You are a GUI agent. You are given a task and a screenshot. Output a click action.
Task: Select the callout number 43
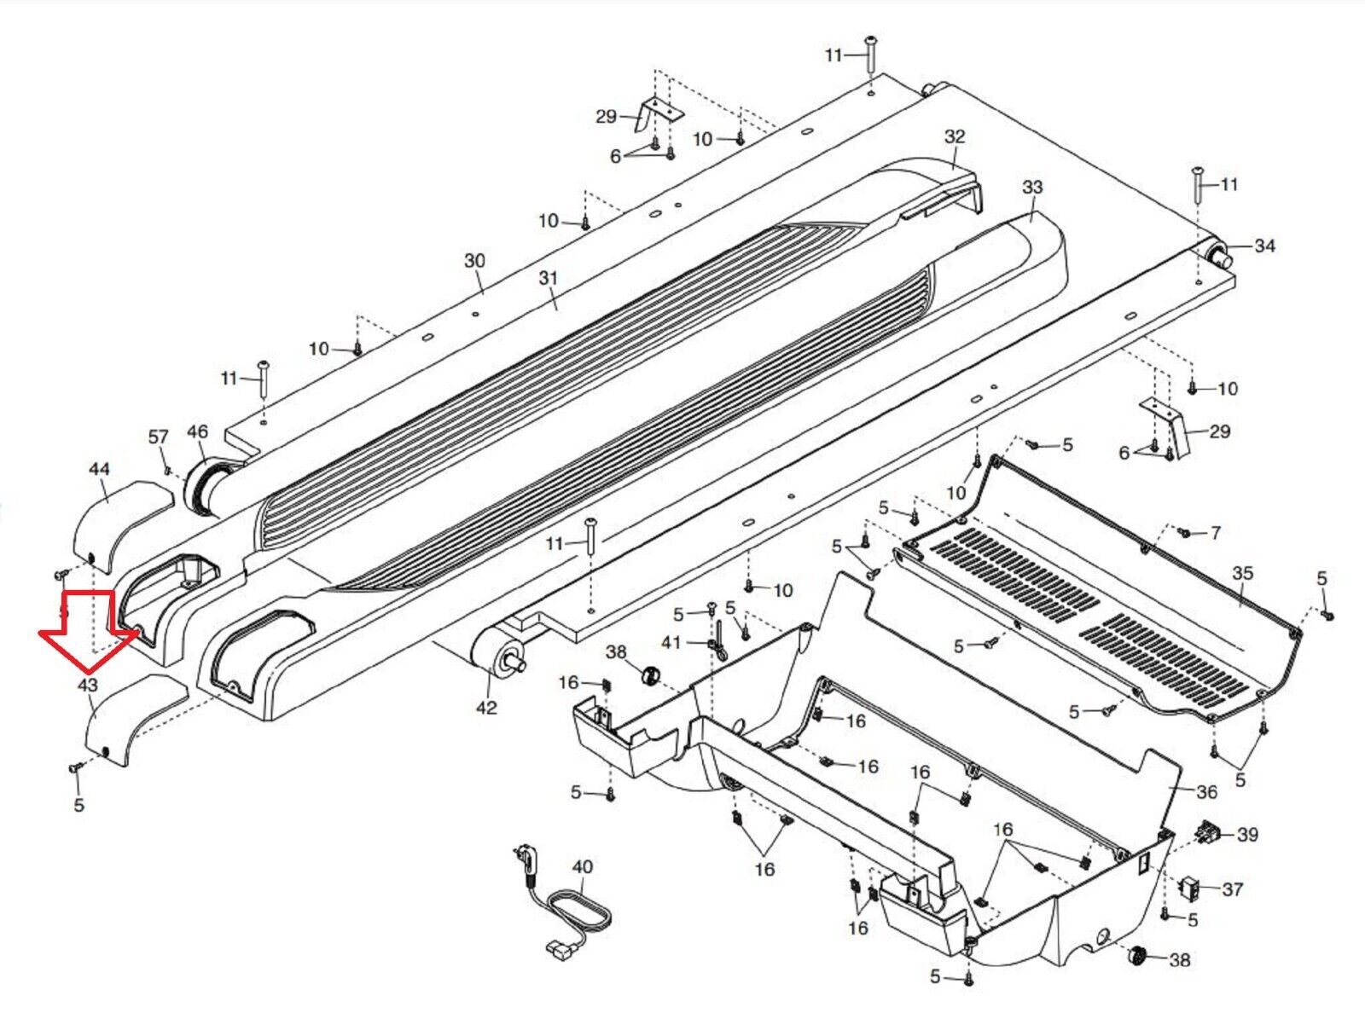88,686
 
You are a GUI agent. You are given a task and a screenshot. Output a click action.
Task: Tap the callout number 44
100,468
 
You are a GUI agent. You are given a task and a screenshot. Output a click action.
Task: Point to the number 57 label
158,437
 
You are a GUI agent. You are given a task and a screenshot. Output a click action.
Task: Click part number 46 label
198,431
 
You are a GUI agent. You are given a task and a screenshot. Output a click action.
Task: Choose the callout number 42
486,708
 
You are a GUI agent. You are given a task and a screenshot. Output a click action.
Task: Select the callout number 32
955,136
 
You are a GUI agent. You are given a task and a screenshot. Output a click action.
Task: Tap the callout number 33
1032,187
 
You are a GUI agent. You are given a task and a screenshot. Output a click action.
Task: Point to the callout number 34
1264,246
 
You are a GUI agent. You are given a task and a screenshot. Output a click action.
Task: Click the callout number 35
1242,573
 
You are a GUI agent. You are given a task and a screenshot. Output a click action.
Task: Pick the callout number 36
1206,792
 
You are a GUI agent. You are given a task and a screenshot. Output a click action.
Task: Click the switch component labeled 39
1208,831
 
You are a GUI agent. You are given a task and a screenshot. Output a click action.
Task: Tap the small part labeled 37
1189,886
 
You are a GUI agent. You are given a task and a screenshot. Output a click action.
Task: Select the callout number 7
1215,533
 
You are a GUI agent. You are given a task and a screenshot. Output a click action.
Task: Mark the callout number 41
671,642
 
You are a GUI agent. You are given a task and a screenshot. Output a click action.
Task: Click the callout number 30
474,261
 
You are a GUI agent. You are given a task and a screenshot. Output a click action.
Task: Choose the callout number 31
548,278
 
